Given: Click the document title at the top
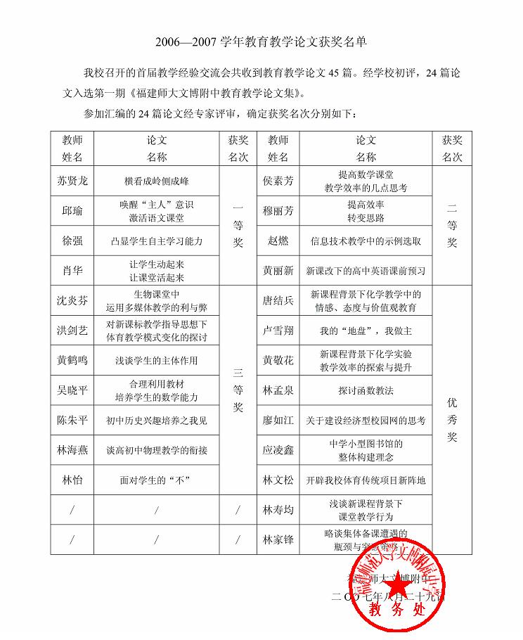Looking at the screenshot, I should click(261, 42).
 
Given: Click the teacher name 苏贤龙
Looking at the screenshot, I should click(72, 181).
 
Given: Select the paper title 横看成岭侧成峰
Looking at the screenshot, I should click(156, 181).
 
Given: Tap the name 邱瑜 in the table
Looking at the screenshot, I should click(72, 210).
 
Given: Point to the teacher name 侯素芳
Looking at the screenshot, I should click(278, 181).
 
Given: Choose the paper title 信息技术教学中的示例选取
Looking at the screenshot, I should click(366, 241).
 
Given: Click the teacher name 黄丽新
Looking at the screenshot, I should click(278, 270).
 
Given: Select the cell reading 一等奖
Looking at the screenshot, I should click(238, 225).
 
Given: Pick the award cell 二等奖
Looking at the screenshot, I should click(452, 225).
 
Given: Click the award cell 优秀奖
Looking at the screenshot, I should click(452, 420).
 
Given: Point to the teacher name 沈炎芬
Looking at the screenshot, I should click(72, 300).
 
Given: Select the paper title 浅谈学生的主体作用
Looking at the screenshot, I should click(156, 361).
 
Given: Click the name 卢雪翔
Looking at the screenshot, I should click(278, 331).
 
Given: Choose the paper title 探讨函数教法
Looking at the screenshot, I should click(366, 390).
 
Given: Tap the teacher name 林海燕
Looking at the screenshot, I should click(72, 450).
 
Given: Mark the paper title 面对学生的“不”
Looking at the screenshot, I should click(156, 480).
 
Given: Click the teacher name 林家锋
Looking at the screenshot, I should click(278, 539).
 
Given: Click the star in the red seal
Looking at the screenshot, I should click(398, 583).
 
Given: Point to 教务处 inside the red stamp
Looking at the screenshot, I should click(397, 608).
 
